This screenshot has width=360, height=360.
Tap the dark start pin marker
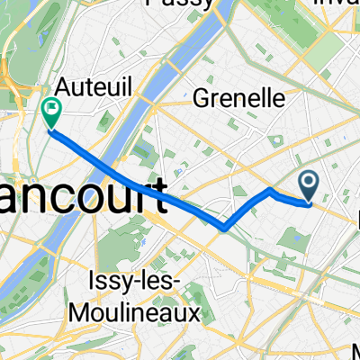[x=308, y=186]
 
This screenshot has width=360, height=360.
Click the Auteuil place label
[x=83, y=88]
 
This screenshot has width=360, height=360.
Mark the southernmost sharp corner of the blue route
[x=223, y=228]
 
